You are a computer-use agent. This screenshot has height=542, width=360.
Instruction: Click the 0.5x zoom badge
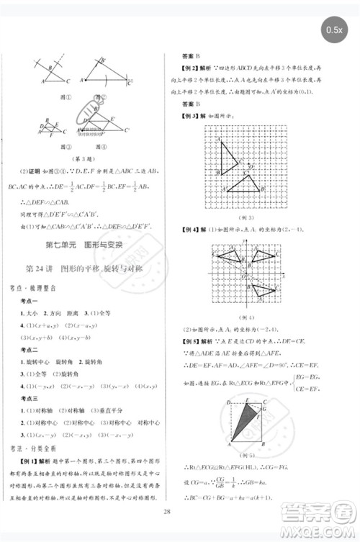(x=333, y=29)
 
